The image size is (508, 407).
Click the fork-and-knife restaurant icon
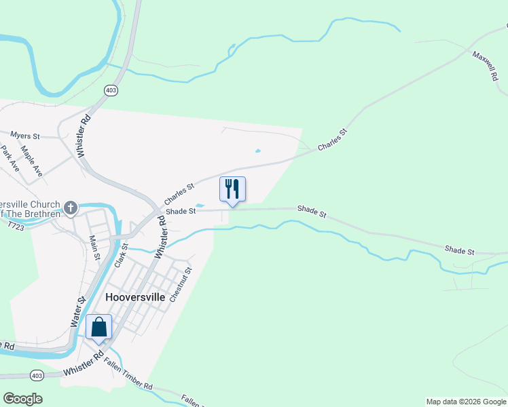click(232, 189)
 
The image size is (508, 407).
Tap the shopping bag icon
click(99, 327)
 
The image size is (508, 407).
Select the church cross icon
click(71, 207)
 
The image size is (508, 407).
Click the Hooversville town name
click(136, 297)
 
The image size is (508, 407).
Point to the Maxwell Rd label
click(486, 65)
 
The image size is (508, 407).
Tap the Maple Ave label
click(31, 161)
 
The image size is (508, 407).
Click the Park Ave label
click(10, 159)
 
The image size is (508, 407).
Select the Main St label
click(95, 248)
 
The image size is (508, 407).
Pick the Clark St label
click(121, 254)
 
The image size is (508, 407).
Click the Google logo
click(22, 399)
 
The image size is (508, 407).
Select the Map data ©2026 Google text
click(465, 402)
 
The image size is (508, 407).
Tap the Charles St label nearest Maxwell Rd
click(332, 140)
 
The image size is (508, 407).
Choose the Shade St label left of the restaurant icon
click(181, 211)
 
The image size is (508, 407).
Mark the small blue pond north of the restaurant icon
click(257, 151)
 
